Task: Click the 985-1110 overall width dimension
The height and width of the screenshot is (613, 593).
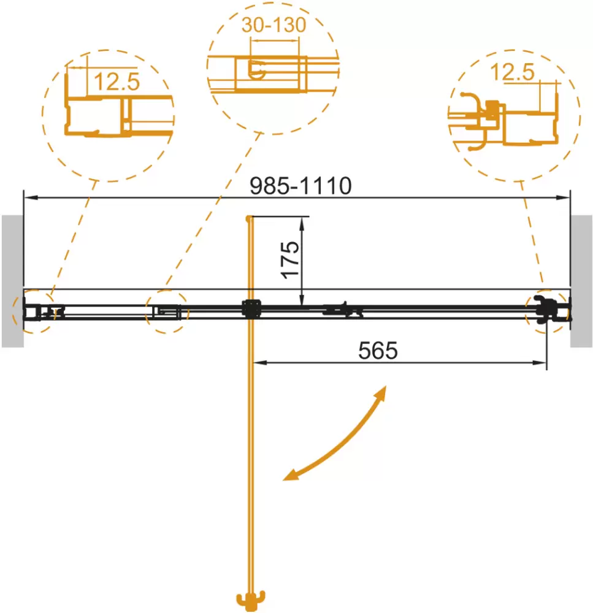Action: click(x=300, y=186)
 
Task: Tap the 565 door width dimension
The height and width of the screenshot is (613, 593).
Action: click(x=378, y=351)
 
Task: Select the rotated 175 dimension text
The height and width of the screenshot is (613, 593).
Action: click(x=290, y=260)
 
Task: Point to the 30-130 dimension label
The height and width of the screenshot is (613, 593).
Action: click(x=274, y=25)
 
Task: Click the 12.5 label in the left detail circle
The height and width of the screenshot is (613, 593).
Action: click(x=117, y=82)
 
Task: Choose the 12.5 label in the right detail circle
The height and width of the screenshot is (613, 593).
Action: click(x=512, y=72)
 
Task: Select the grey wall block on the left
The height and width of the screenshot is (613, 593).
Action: click(x=12, y=281)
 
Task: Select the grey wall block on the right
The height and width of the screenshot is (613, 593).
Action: click(x=581, y=281)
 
